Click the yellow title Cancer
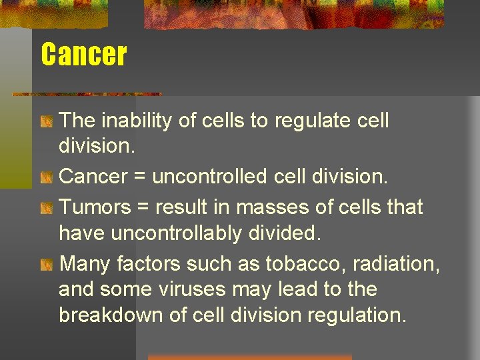83,54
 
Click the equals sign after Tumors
143,207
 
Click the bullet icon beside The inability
45,122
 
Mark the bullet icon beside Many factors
45,265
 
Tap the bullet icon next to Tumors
45,209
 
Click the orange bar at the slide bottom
249,357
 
